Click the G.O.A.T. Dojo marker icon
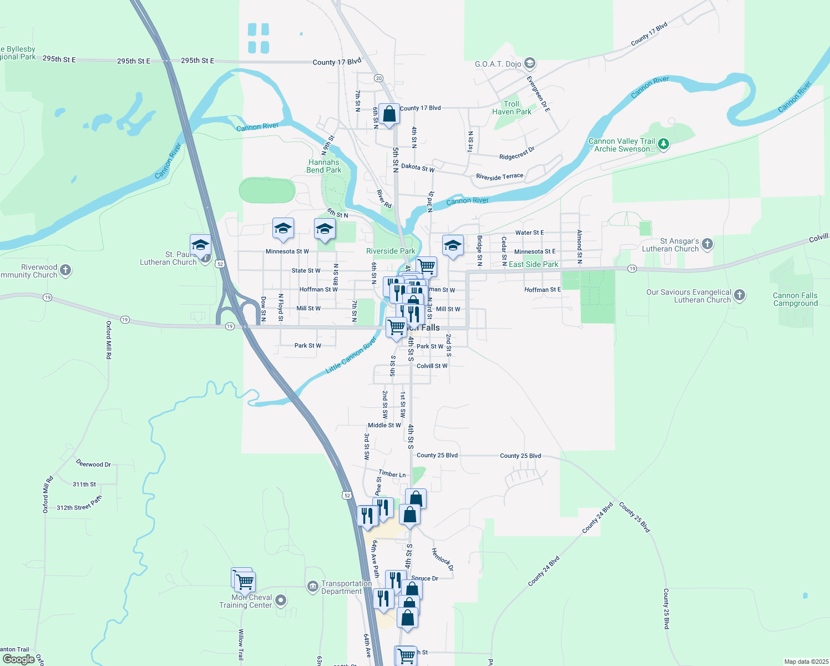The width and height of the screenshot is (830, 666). [529, 63]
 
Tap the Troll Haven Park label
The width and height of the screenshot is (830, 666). [512, 108]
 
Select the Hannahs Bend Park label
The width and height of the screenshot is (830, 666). [324, 166]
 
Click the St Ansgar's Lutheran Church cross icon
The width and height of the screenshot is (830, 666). [707, 244]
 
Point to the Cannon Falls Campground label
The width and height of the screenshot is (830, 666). [795, 299]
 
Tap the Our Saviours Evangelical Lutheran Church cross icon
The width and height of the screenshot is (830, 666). [740, 295]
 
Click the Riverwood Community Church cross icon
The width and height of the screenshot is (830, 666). [65, 270]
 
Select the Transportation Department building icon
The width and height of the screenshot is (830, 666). [313, 586]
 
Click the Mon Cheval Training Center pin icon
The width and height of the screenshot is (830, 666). [281, 600]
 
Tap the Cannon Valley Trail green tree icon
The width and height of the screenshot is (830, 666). [663, 144]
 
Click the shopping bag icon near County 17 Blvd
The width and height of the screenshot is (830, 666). [389, 115]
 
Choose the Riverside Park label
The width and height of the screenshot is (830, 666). [391, 251]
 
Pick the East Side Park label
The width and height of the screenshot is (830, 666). [533, 264]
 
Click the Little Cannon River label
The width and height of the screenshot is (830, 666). [351, 355]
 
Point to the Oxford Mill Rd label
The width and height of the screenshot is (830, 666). [109, 340]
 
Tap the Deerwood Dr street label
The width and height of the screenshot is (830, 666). [93, 463]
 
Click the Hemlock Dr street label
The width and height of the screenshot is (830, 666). [443, 559]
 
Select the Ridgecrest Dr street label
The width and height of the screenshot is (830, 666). [517, 153]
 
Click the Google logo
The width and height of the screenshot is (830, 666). [18, 659]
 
